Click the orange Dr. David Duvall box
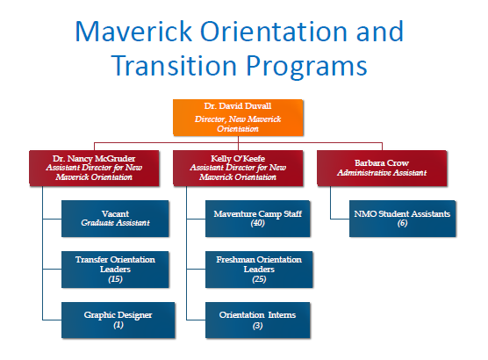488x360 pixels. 238,118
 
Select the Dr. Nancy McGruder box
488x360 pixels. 94,169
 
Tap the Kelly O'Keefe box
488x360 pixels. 238,169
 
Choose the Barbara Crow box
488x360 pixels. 382,169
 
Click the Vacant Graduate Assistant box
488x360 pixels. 115,219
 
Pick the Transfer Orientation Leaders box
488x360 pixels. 115,270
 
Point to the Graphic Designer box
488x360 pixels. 118,320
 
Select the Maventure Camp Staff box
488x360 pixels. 258,219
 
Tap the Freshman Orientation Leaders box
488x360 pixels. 259,270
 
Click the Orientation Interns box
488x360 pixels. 258,320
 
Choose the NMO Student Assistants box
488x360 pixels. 402,219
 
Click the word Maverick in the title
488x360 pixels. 133,31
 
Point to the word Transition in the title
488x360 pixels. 174,65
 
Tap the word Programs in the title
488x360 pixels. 307,68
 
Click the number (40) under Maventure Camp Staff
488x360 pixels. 258,223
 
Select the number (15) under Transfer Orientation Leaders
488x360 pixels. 115,278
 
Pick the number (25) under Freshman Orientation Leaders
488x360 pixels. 259,278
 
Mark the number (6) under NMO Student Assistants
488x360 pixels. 402,223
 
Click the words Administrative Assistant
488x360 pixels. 382,172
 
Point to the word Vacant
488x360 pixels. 115,213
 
